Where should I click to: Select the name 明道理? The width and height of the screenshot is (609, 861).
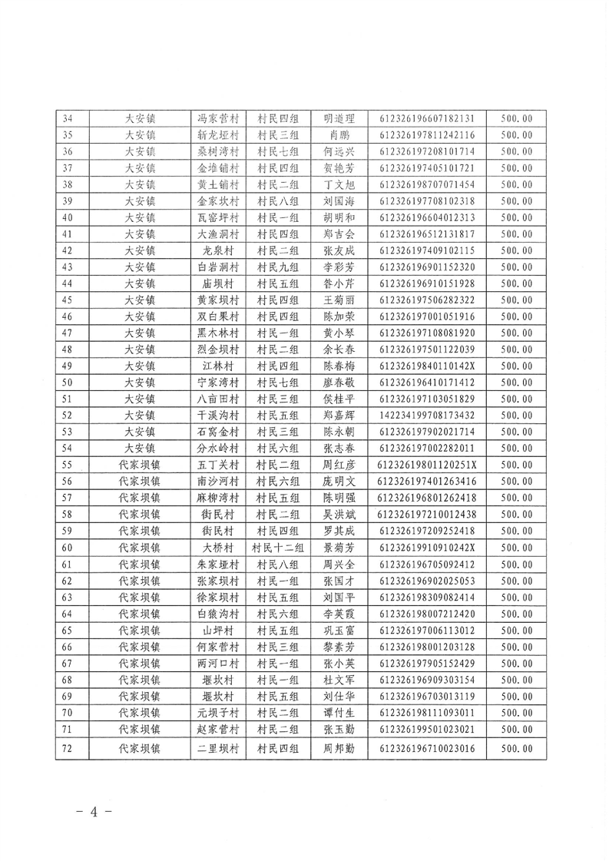[339, 119]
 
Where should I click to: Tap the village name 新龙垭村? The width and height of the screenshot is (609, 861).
[218, 135]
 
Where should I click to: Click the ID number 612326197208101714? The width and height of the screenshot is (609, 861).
[427, 151]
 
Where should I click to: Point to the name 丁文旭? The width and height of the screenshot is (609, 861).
[339, 184]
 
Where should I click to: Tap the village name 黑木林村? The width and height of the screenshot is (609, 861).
[218, 333]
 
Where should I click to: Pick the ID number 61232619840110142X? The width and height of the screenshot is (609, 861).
[427, 366]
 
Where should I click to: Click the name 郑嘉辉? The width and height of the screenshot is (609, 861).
[339, 415]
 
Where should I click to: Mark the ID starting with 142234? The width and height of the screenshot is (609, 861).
[427, 415]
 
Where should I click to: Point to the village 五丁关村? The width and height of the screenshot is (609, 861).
[218, 465]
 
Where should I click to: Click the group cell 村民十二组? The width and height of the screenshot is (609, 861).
[278, 547]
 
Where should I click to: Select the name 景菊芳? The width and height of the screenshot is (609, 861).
[339, 547]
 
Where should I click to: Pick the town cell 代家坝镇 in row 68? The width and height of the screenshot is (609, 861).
[139, 679]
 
